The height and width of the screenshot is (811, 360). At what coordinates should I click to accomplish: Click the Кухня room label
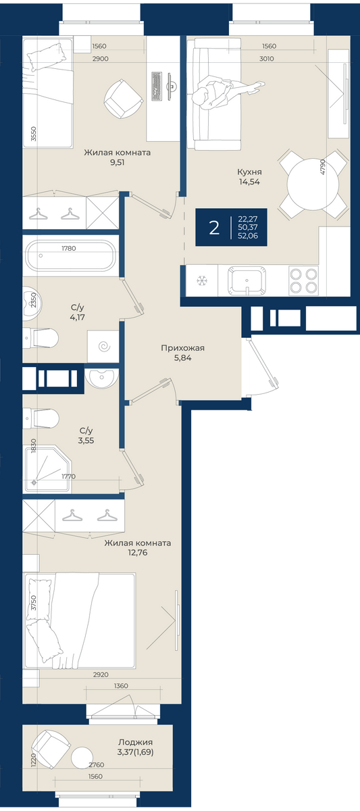pos(249,172)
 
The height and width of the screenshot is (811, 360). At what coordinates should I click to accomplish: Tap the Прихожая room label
pos(183,348)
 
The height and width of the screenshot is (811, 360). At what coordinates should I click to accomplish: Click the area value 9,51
pos(118,162)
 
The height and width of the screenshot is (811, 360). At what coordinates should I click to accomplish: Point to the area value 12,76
pos(138,553)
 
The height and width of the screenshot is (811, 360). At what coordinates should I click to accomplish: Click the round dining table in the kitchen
pos(312,185)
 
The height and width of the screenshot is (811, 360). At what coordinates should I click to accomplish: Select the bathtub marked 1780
pos(69,255)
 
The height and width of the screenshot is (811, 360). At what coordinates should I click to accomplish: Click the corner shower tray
pos(48,469)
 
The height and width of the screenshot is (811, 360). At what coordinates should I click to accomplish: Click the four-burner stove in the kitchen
pos(303,280)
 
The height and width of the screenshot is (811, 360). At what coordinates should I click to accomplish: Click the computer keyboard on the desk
pos(156,86)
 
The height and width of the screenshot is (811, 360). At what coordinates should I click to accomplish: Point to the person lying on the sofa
pos(227,93)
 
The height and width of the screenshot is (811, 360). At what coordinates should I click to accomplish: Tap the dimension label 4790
pos(322,167)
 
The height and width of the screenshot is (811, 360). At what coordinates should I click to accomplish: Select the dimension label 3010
pos(267,59)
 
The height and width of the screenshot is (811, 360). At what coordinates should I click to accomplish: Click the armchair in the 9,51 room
pos(123,99)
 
